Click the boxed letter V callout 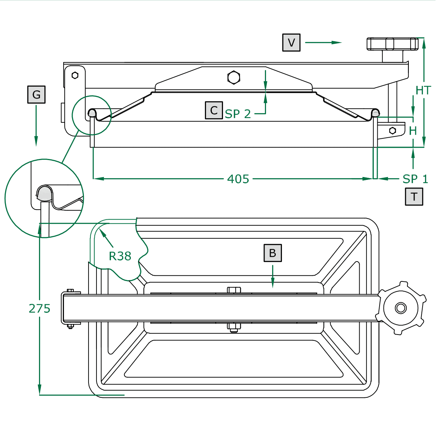coord(291,43)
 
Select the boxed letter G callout coord(36,95)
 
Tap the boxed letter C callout coord(214,110)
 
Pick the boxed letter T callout coord(414,197)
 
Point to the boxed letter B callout coord(273,253)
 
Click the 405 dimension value coord(238,179)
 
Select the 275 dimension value coord(39,309)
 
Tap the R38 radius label coord(120,256)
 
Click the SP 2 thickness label coord(238,114)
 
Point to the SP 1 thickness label coord(415,179)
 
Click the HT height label coord(423,90)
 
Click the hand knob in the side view coord(393,44)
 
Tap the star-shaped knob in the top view coord(401,308)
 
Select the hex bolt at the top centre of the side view coord(234,77)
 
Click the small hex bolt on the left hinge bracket coord(75,75)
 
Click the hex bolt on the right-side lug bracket coord(393,130)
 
